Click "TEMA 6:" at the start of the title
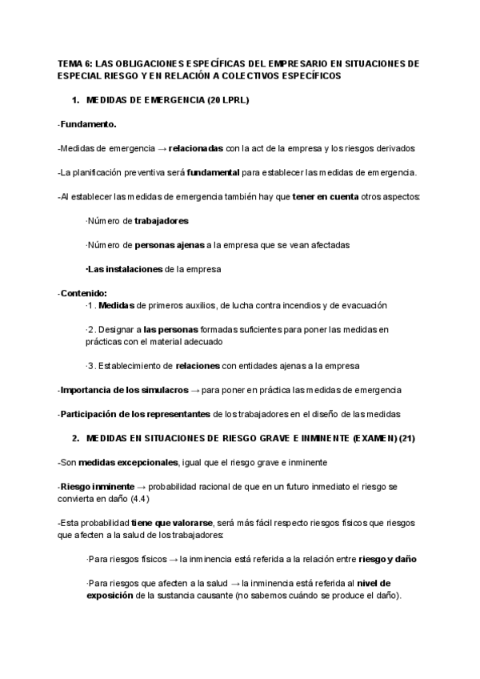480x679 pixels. (x=74, y=62)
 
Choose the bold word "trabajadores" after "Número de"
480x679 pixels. (x=162, y=220)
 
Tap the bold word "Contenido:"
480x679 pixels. (x=83, y=293)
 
